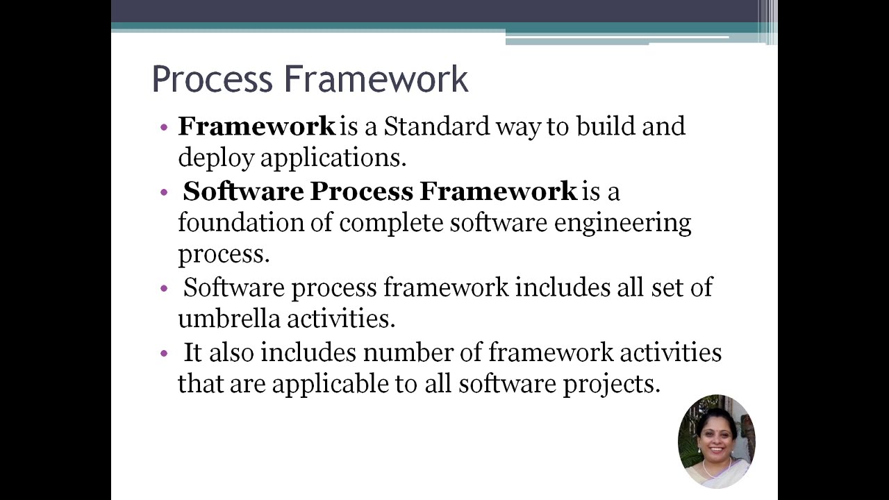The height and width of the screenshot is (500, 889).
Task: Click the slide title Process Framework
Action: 310,79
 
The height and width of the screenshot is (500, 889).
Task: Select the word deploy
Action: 216,158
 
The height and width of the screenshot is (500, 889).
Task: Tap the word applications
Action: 333,158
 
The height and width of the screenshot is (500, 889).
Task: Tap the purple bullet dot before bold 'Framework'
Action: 164,128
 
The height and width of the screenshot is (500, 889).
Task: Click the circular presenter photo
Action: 716,441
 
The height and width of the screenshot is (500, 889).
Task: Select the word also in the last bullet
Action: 232,352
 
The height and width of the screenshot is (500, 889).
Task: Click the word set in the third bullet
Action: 667,287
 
